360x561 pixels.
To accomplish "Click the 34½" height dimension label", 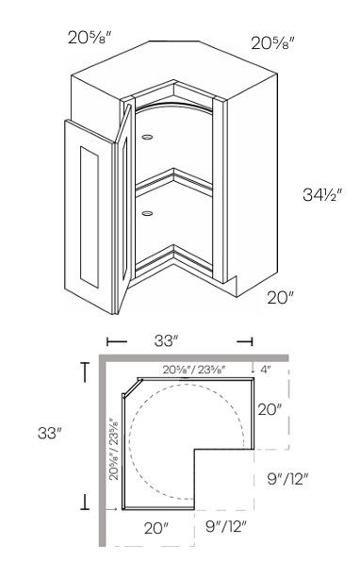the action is point(322,194).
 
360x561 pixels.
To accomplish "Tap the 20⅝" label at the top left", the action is point(90,37).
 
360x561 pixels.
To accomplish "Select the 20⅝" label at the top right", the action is point(272,43).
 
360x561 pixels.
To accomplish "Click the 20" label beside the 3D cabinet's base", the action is point(280,297).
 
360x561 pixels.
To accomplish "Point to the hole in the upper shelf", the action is point(147,137).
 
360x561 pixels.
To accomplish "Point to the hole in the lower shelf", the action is point(147,214).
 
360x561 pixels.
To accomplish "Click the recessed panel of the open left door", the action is point(90,217).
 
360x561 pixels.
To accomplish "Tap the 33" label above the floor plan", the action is point(166,341).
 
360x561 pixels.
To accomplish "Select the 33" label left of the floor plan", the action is point(50,434).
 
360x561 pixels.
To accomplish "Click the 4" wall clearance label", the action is point(265,370).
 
